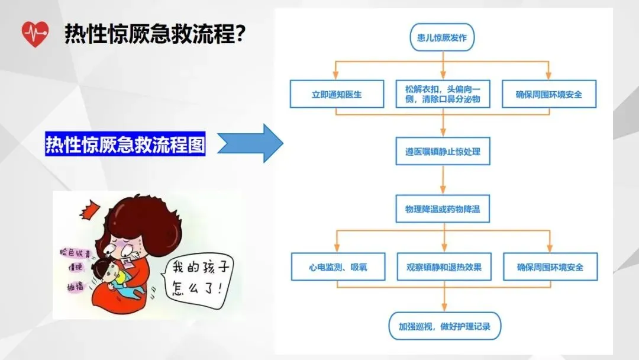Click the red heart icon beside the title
35,34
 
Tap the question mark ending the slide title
241,34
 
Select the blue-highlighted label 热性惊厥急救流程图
125,144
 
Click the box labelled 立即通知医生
337,94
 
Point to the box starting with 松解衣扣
443,94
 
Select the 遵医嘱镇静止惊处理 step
443,152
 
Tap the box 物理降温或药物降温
443,210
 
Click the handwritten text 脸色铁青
73,251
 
